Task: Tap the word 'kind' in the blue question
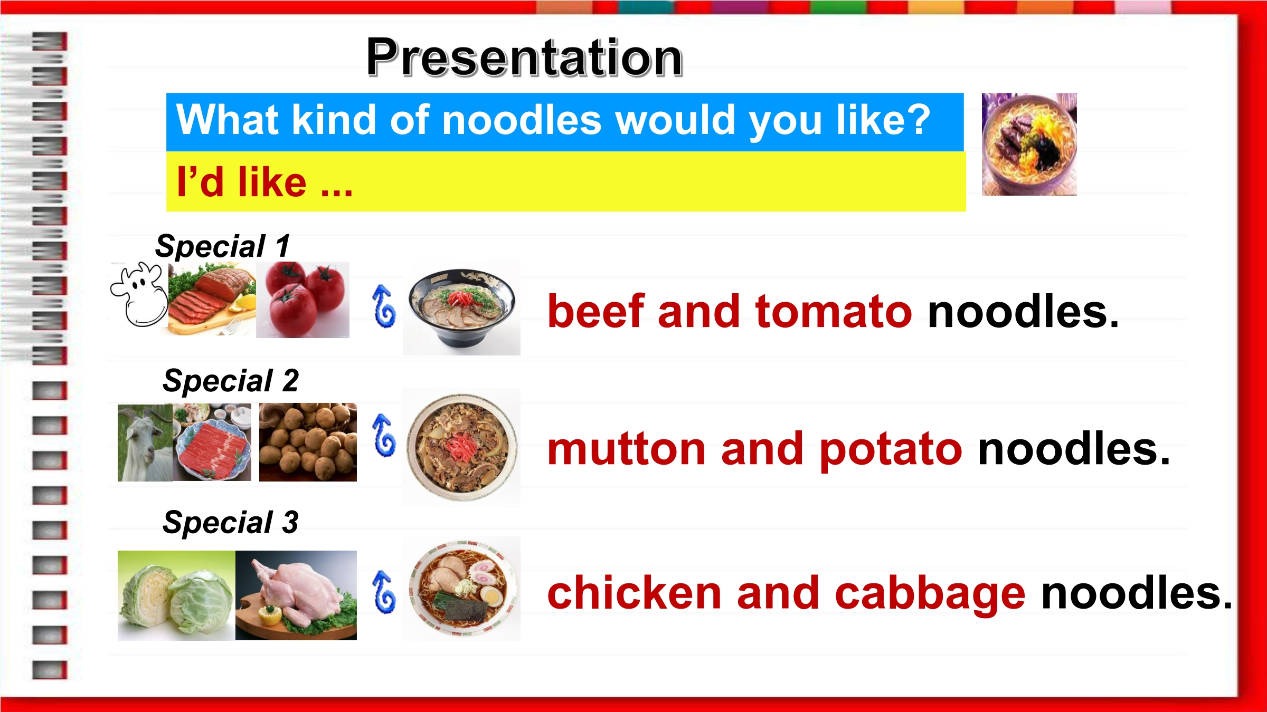335,120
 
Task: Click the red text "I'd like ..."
264,182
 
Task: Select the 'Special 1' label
223,246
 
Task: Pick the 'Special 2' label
231,380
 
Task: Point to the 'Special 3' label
231,522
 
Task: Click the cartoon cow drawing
139,294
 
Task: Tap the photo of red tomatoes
302,300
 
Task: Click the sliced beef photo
212,299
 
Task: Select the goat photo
145,442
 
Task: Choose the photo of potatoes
308,442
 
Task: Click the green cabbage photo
176,595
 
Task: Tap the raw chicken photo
296,595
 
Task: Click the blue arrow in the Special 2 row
384,435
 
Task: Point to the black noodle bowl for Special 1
461,308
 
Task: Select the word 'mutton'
627,449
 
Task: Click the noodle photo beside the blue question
1029,144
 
